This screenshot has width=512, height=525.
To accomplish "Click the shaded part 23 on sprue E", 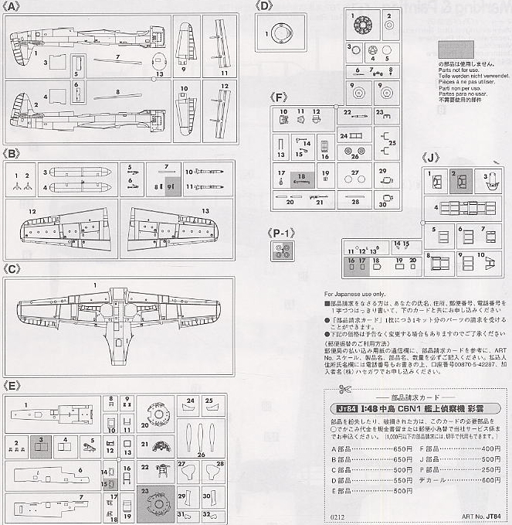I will click(156, 499).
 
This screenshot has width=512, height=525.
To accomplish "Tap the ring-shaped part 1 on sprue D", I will click(276, 33).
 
